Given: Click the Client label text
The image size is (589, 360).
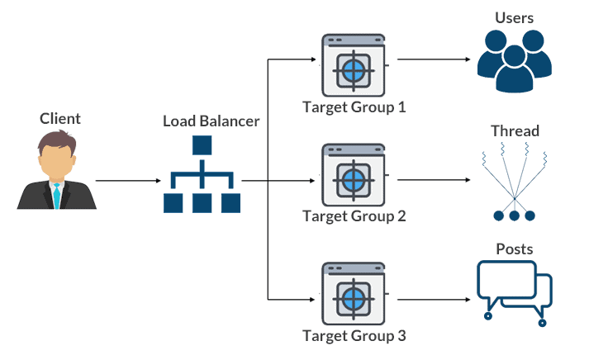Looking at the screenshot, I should coord(60,119).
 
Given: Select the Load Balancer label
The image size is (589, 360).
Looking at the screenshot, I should coord(211,121).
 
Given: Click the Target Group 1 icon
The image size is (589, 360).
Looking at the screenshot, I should coord(354,66).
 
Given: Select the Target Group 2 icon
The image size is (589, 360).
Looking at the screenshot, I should coord(354,176).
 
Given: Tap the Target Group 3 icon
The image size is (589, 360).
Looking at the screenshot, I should coord(354,295).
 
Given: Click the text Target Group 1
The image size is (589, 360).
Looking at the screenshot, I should coord(354,107).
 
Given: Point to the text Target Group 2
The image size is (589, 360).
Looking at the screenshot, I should coord(354,216).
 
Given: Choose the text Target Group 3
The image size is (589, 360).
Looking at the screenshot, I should coord(354,335).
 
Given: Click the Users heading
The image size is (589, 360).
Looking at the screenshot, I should coord(514,17).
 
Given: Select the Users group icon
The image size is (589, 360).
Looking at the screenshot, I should coord(514,62).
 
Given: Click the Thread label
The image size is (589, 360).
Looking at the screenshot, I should coord(515,130).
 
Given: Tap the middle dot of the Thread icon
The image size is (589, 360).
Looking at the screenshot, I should coord(514,216).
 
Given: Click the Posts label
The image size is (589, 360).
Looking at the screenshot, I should coord(514,249).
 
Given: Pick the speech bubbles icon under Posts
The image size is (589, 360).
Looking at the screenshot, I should coord(514,289).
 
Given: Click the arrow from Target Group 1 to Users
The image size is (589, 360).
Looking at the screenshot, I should coord(435,61).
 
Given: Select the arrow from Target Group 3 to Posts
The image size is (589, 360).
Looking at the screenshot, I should coord(435,300).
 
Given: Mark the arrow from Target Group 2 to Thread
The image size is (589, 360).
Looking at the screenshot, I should coord(435,179).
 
